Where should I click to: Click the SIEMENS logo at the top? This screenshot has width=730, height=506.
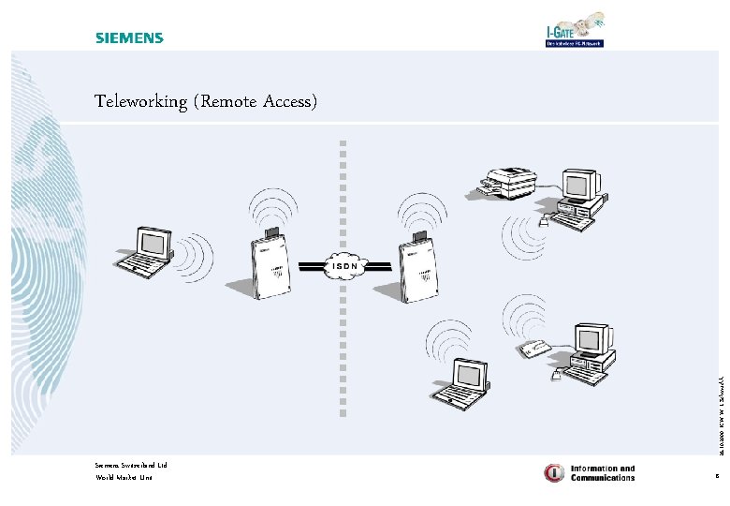pyautogui.click(x=129, y=38)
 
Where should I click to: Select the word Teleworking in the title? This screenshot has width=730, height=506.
pyautogui.click(x=141, y=102)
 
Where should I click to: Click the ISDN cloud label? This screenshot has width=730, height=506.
pyautogui.click(x=342, y=265)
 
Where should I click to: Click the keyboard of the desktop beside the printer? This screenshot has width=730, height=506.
pyautogui.click(x=572, y=221)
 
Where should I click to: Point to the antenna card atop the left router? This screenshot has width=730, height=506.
pyautogui.click(x=272, y=232)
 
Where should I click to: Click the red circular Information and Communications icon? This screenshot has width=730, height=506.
pyautogui.click(x=554, y=472)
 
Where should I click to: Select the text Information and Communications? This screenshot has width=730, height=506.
pyautogui.click(x=603, y=473)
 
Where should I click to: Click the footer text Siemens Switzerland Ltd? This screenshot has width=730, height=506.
pyautogui.click(x=131, y=465)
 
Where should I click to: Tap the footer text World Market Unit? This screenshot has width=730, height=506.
pyautogui.click(x=124, y=478)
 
